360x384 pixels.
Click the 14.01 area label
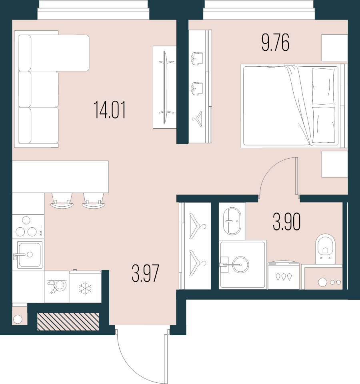[110, 110]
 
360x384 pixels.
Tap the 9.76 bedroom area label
[275, 43]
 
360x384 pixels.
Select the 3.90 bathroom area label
[286, 222]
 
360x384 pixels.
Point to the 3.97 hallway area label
[146, 274]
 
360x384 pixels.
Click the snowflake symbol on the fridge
[85, 288]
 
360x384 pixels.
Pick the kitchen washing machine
[57, 287]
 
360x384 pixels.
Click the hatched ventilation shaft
[68, 321]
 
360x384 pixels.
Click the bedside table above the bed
[334, 48]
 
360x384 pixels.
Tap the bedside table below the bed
[334, 164]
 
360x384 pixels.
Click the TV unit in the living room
[164, 87]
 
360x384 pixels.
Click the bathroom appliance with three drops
[284, 276]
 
